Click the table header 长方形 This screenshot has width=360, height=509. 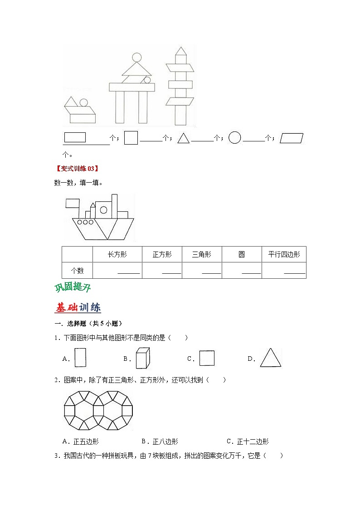(117, 255)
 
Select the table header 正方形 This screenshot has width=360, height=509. (162, 255)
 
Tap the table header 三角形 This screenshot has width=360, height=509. (202, 255)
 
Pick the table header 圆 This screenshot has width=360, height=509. (242, 255)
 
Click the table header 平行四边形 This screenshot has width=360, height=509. (284, 255)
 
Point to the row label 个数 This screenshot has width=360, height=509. (77, 271)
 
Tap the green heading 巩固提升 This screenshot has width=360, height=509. (73, 287)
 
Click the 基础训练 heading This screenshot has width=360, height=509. (78, 307)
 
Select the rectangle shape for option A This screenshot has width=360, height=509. (80, 357)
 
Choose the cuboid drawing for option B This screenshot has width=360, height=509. (142, 357)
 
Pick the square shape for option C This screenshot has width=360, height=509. (207, 358)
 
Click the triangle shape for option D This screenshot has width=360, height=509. (271, 358)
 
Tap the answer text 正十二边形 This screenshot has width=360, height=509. (253, 441)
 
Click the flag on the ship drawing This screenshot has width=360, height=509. (73, 203)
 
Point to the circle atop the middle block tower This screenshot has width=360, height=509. (136, 58)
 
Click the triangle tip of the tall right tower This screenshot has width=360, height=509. (181, 51)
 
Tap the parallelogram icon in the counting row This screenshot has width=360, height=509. (292, 138)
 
